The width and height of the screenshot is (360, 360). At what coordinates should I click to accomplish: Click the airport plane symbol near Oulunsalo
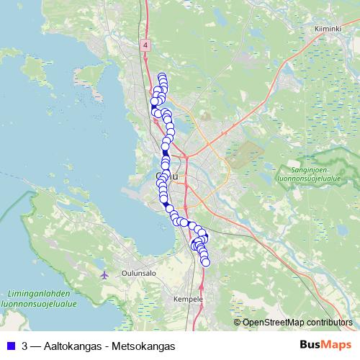pyautogui.click(x=105, y=274)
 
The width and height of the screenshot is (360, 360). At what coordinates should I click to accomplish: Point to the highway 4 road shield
pyautogui.click(x=146, y=45)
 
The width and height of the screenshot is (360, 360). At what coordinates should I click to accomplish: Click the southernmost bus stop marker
pyautogui.click(x=205, y=263)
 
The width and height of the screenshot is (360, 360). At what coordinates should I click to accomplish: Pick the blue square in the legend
pyautogui.click(x=10, y=346)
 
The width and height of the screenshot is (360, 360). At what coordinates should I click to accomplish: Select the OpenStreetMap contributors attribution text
pyautogui.click(x=297, y=323)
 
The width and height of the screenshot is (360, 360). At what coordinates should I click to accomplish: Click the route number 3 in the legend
pyautogui.click(x=25, y=346)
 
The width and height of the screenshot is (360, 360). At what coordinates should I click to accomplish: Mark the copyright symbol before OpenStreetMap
pyautogui.click(x=238, y=323)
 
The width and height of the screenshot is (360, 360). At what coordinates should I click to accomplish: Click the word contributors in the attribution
pyautogui.click(x=328, y=323)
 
